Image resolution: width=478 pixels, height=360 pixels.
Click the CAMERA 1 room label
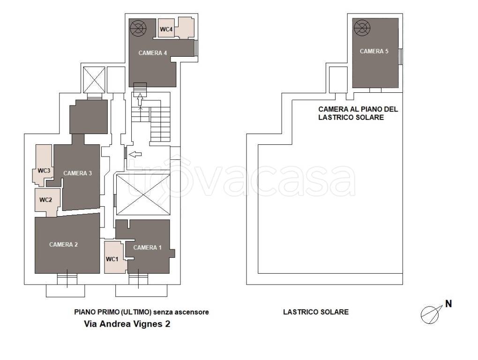point(147,247)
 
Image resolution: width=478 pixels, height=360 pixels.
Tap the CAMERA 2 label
point(63,245)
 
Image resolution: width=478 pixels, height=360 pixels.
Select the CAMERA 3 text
point(77,173)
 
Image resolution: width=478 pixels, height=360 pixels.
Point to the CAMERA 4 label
point(152,53)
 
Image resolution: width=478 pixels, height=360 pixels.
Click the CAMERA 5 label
point(374,51)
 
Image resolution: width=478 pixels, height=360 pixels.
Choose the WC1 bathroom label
point(112,259)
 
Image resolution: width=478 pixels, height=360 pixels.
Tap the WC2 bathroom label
point(45,200)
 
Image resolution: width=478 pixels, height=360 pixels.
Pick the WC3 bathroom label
point(44,171)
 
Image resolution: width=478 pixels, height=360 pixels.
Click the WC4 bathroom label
point(166,29)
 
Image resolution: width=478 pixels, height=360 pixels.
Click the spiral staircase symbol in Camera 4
point(138,28)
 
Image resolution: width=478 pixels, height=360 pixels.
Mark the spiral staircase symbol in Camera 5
point(362,28)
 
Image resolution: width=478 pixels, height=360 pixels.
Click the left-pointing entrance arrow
point(135,155)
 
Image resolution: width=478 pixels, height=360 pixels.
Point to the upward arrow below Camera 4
point(140,100)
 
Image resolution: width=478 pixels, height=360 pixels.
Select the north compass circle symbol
point(430,315)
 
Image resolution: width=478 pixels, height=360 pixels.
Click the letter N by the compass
point(448,304)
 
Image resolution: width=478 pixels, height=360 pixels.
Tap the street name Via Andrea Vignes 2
point(127,324)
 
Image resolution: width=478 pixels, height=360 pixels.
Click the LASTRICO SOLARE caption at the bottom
point(316,312)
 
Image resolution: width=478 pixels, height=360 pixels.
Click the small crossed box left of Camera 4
point(94,80)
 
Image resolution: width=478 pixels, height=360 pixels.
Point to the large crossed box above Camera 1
point(143,195)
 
